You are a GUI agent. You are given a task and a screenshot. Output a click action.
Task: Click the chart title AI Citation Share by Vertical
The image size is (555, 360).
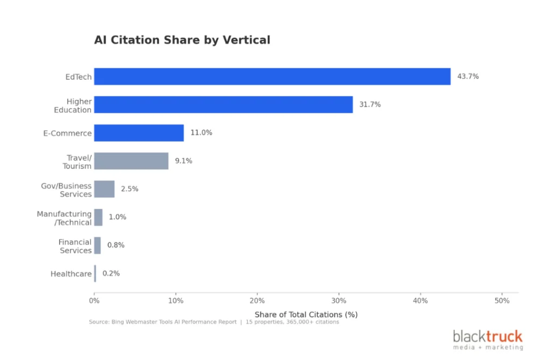pyautogui.click(x=182, y=40)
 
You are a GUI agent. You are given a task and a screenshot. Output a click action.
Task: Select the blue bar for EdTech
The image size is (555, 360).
pyautogui.click(x=272, y=76)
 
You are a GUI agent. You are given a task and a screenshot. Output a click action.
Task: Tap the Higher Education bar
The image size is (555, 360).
pyautogui.click(x=223, y=105)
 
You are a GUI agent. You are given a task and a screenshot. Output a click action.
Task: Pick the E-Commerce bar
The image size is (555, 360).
pyautogui.click(x=139, y=133)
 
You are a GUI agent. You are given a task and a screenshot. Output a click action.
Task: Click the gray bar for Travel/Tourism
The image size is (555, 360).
pyautogui.click(x=131, y=161)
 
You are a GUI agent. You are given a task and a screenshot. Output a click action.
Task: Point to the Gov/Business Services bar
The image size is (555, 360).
pyautogui.click(x=104, y=189)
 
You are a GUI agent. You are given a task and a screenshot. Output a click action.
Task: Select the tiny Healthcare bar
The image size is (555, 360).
pyautogui.click(x=95, y=274)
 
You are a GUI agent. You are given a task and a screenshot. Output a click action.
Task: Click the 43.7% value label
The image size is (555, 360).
pyautogui.click(x=468, y=76)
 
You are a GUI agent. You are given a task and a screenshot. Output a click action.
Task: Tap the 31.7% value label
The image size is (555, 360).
pyautogui.click(x=370, y=105)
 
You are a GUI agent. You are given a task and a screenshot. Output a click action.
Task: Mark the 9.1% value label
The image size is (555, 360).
pyautogui.click(x=183, y=161)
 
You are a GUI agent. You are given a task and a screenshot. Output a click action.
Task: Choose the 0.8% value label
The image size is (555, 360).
pyautogui.click(x=115, y=245)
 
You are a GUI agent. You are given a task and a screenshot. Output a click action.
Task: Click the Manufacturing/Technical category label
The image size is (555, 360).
pyautogui.click(x=64, y=218)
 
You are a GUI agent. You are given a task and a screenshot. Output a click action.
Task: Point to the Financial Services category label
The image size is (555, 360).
pyautogui.click(x=75, y=246)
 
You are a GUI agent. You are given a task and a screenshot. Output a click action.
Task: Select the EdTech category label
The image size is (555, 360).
pyautogui.click(x=79, y=77)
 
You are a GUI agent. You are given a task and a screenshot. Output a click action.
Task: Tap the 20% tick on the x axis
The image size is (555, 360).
pyautogui.click(x=257, y=301)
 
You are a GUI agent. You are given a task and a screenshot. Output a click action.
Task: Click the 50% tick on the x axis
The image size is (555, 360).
pyautogui.click(x=502, y=301)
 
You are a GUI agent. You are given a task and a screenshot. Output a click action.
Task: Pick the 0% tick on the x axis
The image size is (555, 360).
pyautogui.click(x=94, y=301)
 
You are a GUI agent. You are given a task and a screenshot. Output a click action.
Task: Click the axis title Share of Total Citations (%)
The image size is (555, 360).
pyautogui.click(x=306, y=314)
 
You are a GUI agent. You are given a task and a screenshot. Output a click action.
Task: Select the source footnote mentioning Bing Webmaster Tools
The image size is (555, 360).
pyautogui.click(x=214, y=322)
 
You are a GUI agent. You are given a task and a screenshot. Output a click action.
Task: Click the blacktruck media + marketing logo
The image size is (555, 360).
pyautogui.click(x=488, y=340)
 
